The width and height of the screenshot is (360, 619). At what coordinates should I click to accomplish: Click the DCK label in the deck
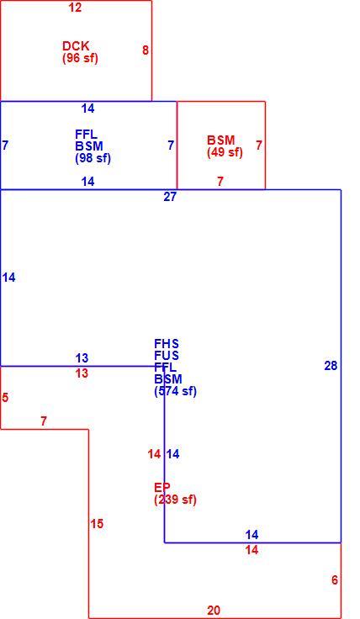click(76, 45)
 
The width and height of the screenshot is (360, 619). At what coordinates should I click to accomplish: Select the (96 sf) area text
click(80, 58)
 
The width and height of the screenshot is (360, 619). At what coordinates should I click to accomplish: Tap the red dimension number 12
click(75, 7)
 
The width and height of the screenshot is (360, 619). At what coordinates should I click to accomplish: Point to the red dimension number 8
click(146, 50)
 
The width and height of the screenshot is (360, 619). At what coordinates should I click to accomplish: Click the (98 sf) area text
click(93, 158)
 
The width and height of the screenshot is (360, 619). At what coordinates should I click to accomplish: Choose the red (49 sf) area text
click(225, 152)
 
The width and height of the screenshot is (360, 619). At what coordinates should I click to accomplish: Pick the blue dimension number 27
click(170, 197)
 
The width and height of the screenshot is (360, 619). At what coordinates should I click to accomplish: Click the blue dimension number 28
click(331, 366)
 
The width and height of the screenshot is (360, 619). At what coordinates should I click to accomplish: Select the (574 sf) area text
click(175, 391)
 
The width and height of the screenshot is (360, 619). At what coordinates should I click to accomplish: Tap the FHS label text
click(167, 343)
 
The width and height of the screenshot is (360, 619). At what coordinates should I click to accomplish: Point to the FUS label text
click(167, 355)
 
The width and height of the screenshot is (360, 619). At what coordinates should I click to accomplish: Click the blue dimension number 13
click(82, 358)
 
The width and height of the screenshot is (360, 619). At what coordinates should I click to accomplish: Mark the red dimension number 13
click(82, 373)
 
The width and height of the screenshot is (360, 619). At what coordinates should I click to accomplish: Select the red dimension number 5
click(5, 398)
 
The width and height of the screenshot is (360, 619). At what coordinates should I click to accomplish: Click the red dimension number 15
click(97, 524)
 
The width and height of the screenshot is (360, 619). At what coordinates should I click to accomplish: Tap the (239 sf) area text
click(175, 500)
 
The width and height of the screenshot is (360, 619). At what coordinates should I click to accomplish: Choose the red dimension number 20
click(214, 611)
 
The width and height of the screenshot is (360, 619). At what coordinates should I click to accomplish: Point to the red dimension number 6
click(335, 580)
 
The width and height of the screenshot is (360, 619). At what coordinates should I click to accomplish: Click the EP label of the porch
click(161, 487)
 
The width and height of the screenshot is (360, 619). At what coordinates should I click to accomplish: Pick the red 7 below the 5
click(44, 421)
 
